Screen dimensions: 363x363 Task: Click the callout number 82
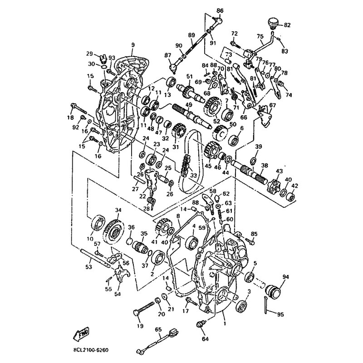pos(287,25)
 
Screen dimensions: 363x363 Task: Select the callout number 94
pos(285,276)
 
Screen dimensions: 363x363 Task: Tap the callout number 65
pos(158,329)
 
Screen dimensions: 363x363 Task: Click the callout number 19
pos(140,325)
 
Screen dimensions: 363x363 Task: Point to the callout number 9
pos(133,44)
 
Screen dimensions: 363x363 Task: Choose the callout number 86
pos(220,10)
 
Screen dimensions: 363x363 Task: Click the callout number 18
pos(70,118)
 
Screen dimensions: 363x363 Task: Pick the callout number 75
pos(260,37)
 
